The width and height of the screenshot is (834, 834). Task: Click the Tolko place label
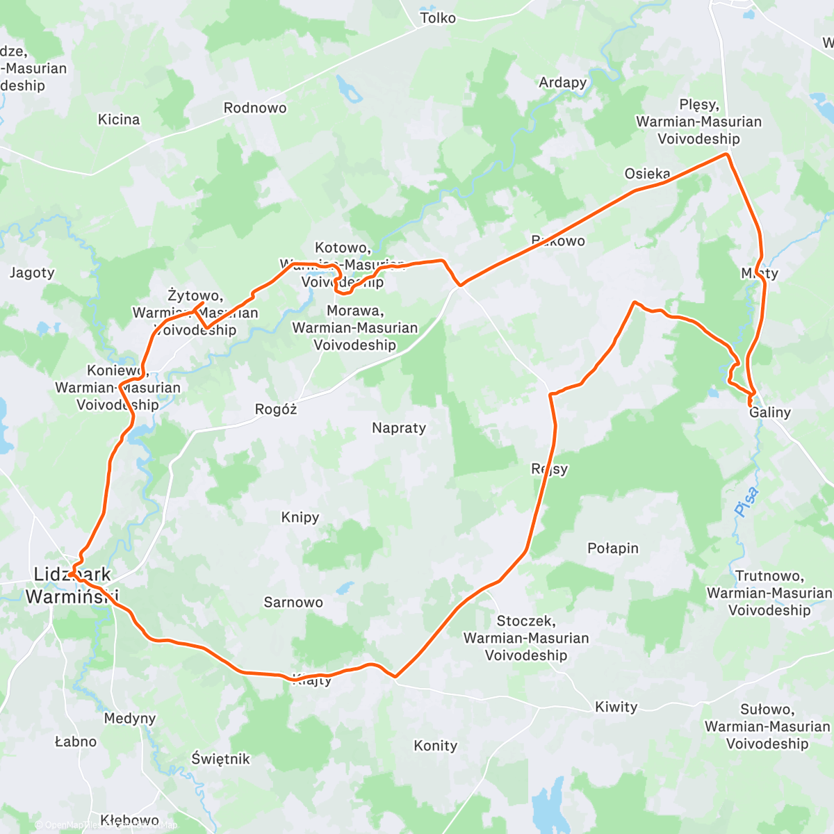click(x=438, y=18)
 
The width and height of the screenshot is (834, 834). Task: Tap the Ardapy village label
click(x=563, y=82)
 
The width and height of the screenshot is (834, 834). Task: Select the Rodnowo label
click(x=255, y=108)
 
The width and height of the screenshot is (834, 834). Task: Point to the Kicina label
click(x=119, y=120)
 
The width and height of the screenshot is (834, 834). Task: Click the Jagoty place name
click(x=32, y=272)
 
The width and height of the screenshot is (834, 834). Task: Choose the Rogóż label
click(x=276, y=409)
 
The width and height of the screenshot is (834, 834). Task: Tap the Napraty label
click(x=399, y=428)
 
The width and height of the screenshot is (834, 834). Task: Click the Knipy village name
click(x=300, y=517)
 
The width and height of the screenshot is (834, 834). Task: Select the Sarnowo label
click(x=293, y=603)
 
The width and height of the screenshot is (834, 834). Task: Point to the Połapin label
click(x=613, y=548)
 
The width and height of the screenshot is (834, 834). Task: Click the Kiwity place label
click(x=616, y=707)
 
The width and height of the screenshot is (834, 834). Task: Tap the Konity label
click(x=436, y=746)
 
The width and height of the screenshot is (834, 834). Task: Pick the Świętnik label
click(x=221, y=759)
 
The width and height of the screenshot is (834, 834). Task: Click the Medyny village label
click(x=130, y=718)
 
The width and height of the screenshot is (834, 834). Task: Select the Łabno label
click(x=76, y=742)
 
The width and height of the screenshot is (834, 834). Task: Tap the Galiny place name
click(x=770, y=412)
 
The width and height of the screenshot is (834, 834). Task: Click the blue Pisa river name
click(x=746, y=502)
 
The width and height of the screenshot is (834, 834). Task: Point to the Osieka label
click(x=648, y=174)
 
